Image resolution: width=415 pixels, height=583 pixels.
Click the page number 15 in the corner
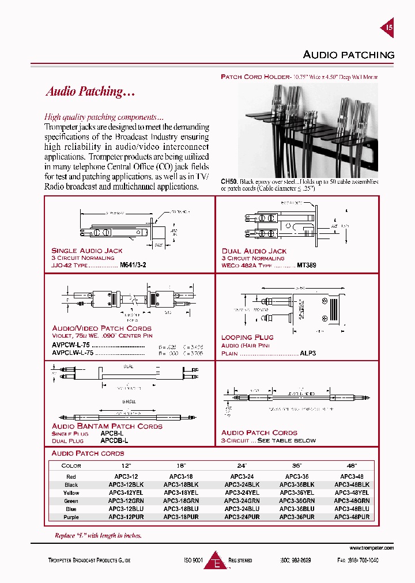click(389, 27)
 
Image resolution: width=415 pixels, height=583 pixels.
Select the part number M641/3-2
click(133, 266)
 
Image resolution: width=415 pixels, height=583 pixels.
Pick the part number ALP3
click(308, 353)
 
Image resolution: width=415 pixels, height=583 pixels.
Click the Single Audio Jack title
click(87, 251)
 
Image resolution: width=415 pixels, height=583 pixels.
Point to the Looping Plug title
click(247, 338)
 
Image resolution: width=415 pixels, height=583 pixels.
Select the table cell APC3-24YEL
click(242, 493)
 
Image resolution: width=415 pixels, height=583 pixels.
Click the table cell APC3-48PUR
click(352, 517)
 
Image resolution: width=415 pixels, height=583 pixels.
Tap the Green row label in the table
click(71, 501)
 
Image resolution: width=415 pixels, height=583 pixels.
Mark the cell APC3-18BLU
click(181, 509)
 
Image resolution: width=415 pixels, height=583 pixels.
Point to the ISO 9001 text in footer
click(194, 560)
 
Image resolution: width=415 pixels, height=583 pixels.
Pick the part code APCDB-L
click(114, 440)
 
